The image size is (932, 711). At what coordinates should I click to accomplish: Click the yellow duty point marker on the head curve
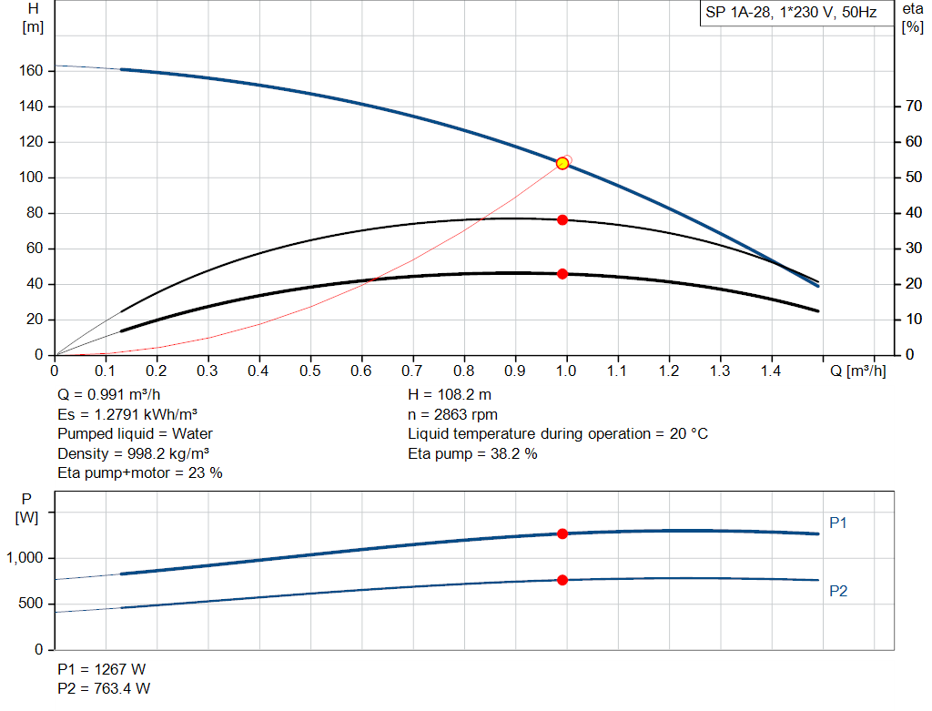562,163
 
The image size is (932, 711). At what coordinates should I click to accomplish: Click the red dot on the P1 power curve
562,533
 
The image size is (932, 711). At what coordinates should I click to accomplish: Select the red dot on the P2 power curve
562,580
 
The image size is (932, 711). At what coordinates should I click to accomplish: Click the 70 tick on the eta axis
910,107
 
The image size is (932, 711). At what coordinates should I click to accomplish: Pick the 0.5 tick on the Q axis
310,371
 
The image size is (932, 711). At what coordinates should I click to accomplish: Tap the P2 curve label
838,591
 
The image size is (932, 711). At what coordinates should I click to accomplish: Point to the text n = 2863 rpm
452,414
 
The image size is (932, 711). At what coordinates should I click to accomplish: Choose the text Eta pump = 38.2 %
472,452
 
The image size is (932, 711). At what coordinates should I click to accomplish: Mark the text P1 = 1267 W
101,669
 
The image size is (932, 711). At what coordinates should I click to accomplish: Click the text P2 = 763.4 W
104,688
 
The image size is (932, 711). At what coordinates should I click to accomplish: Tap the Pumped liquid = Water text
135,433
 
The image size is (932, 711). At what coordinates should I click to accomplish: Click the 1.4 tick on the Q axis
771,371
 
